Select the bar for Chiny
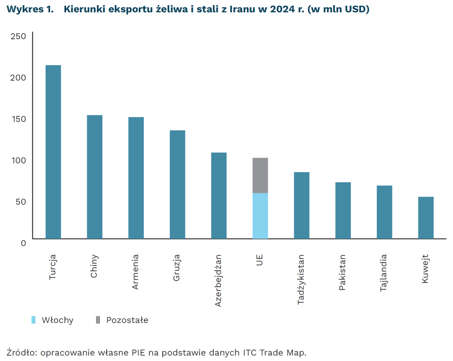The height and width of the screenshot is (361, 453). [x=95, y=177]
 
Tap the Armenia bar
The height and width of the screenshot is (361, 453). [x=136, y=178]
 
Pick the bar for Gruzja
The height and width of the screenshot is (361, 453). [x=177, y=184]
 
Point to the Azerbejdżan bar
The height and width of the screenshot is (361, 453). [x=219, y=196]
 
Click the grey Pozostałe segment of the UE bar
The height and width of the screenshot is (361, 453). [x=260, y=175]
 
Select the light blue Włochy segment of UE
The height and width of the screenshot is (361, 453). [x=260, y=216]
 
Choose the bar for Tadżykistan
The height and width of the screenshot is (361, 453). [x=302, y=205]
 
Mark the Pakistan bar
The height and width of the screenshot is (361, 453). [x=343, y=211]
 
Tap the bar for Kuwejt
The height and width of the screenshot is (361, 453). [x=426, y=218]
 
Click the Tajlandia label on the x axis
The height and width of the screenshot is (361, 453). [x=384, y=273]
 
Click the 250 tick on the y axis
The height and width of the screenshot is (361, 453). [x=18, y=36]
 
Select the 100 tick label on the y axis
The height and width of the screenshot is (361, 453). [x=18, y=160]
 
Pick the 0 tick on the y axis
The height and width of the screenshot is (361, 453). [x=23, y=242]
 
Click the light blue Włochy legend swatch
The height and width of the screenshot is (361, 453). [x=33, y=320]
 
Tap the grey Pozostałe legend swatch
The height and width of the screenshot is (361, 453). [x=98, y=320]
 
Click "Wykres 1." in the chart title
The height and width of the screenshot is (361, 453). [x=28, y=10]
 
